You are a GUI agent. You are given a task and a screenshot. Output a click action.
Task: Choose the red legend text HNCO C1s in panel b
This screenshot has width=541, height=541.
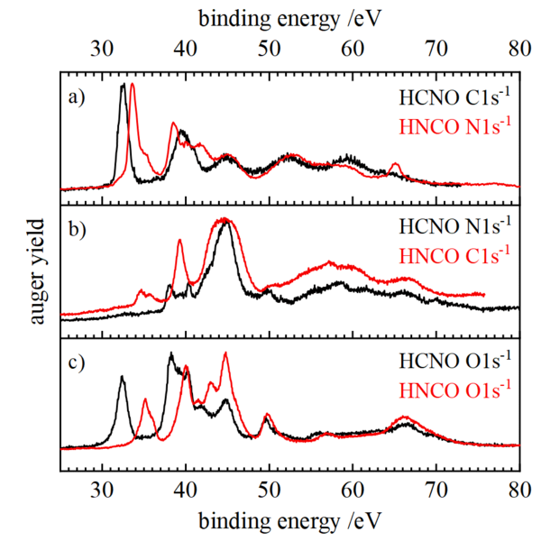[x=455, y=252]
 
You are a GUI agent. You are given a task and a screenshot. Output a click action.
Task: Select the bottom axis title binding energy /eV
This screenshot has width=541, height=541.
[x=289, y=524]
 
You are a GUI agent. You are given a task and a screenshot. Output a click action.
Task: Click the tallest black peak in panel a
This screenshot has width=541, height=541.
[x=123, y=86]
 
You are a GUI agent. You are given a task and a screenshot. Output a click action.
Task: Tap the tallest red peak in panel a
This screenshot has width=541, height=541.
[x=133, y=85]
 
